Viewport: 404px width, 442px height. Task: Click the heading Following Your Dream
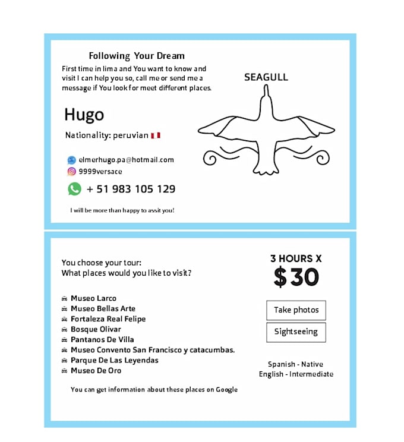coord(137,56)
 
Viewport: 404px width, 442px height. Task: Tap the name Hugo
coord(84,114)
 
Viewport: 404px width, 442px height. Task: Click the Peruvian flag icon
coord(156,135)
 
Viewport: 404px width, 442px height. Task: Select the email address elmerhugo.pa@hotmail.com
coord(126,160)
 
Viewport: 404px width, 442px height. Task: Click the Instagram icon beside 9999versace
coord(72,172)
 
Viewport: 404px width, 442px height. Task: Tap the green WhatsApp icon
coord(74,189)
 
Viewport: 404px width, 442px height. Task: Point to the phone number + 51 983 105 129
coord(131,190)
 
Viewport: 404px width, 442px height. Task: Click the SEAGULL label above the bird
coord(266,77)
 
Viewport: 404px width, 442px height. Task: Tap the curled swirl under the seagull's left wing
coord(211,158)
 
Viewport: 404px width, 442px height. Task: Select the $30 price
coord(296,277)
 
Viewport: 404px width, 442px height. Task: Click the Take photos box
coord(296,310)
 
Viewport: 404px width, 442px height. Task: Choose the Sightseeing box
coord(296,332)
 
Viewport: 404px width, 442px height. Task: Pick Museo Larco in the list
coord(93,298)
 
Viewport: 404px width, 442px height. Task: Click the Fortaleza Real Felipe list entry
coord(108,319)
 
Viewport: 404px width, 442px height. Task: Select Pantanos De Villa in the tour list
coord(102,340)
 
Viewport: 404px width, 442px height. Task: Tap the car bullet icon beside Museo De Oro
coord(64,371)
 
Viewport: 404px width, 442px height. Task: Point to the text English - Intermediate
coord(296,374)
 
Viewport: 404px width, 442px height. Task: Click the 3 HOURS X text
coord(296,258)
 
